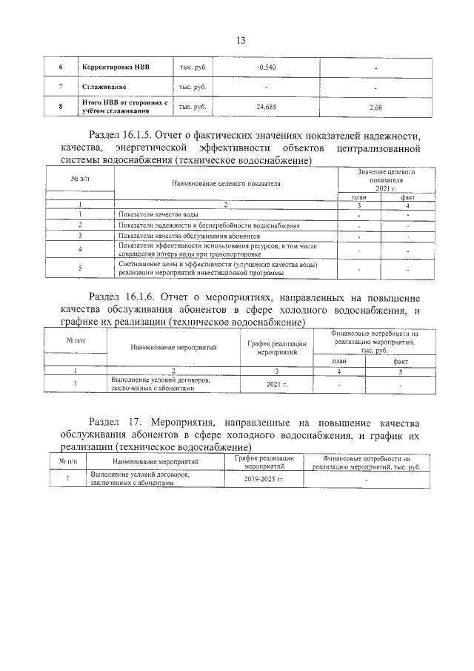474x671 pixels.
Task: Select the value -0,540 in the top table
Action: coord(265,68)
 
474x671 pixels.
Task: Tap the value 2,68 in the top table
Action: coord(375,108)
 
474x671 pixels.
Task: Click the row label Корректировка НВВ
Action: coord(116,68)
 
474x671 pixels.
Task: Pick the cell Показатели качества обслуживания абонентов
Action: coord(188,235)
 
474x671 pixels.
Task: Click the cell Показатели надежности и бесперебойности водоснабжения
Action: coord(208,225)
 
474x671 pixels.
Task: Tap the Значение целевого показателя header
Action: coord(385,176)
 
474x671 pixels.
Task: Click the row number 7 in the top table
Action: coord(60,88)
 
